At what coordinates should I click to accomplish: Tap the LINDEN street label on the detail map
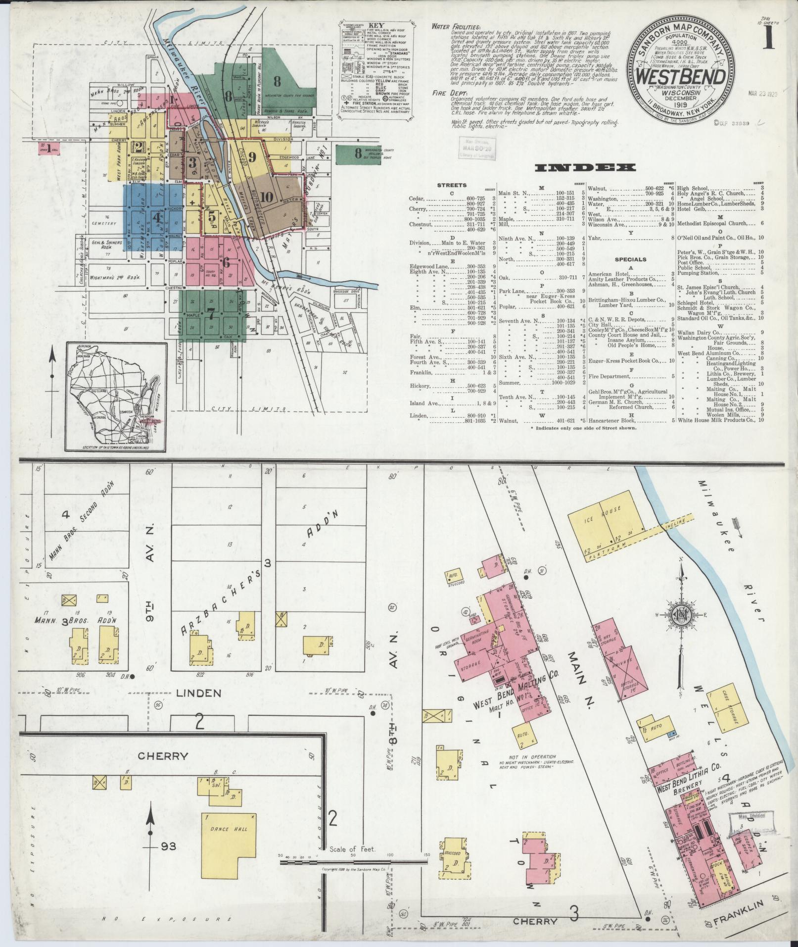pos(199,693)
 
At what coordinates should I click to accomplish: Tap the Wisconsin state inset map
pos(116,396)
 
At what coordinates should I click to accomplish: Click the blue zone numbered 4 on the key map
pos(156,216)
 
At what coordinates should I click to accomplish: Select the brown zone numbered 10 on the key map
pos(267,197)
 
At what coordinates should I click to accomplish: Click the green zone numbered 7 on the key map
pos(211,313)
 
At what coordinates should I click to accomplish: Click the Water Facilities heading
pos(455,26)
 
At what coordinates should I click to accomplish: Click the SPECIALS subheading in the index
pos(631,259)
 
